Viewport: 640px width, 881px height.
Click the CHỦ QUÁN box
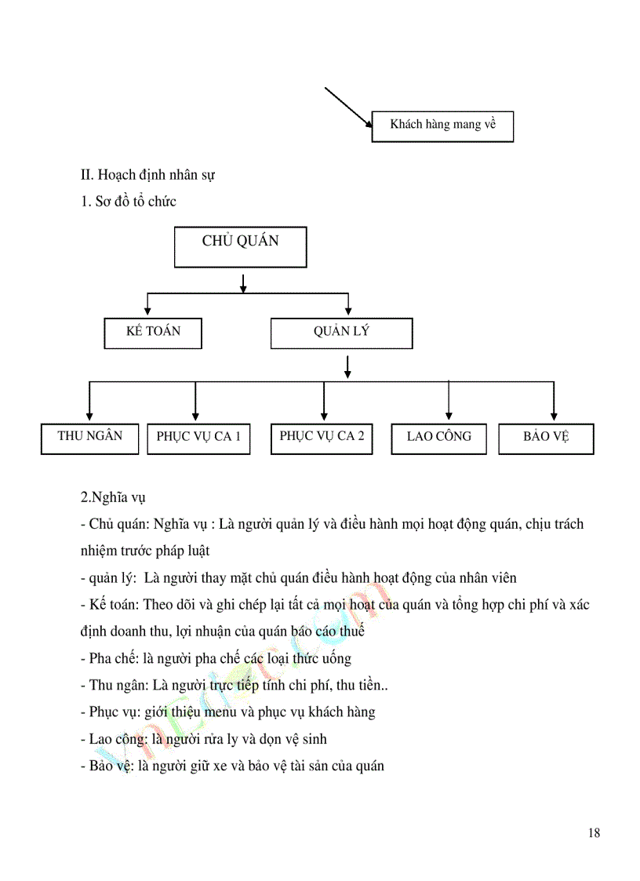pos(240,247)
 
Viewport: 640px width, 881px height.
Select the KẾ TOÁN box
pos(153,333)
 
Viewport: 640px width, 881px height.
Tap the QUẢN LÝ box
pos(341,333)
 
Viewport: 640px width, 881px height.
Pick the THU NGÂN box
pos(89,438)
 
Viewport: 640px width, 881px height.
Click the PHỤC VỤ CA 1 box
pos(198,439)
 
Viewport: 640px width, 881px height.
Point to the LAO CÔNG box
pos(439,438)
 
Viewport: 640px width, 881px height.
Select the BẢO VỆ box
pos(546,439)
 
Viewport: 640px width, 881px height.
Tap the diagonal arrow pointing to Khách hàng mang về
pos(348,107)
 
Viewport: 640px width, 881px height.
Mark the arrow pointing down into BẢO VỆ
pos(554,402)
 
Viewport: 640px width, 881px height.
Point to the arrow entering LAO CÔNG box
pos(448,402)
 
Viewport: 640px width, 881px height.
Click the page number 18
pos(593,833)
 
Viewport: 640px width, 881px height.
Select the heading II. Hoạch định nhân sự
pos(147,174)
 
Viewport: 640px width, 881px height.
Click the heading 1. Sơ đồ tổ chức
pos(128,202)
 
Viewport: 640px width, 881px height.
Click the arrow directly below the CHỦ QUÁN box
pos(244,282)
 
